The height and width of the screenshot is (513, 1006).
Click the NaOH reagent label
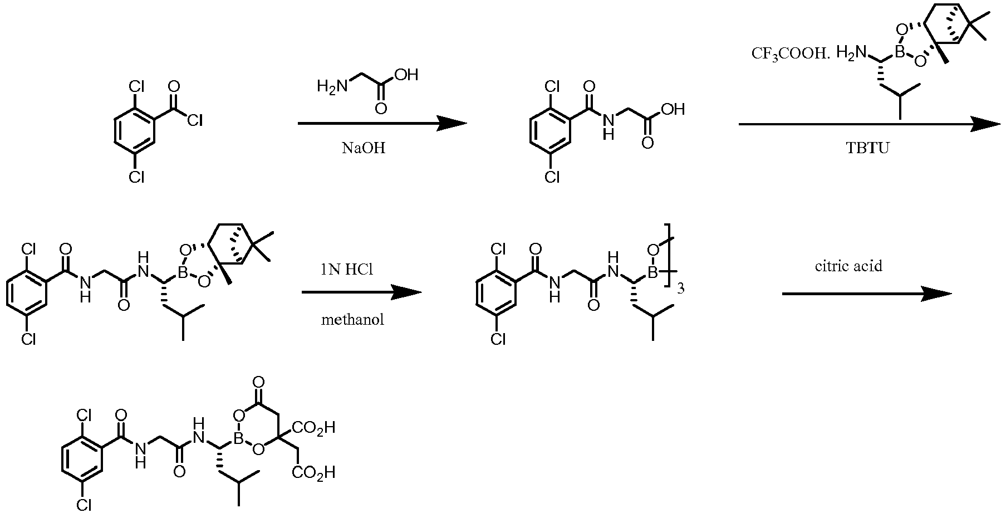pyautogui.click(x=363, y=149)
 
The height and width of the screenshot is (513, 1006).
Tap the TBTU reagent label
pyautogui.click(x=868, y=149)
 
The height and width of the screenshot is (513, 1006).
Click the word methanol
pyautogui.click(x=352, y=320)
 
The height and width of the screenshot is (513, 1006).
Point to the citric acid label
pyautogui.click(x=848, y=266)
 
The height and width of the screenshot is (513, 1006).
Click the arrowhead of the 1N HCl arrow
pyautogui.click(x=405, y=292)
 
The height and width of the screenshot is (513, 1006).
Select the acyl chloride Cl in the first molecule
pyautogui.click(x=195, y=120)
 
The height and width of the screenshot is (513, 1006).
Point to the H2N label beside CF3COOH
pyautogui.click(x=851, y=53)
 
